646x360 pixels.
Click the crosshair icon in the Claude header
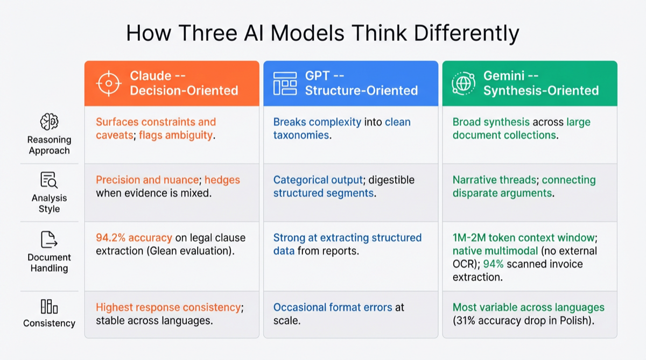click(109, 83)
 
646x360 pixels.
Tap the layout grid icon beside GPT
click(285, 83)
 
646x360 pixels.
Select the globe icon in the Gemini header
click(464, 83)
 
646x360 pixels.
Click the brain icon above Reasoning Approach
click(49, 122)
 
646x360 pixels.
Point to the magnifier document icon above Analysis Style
click(49, 180)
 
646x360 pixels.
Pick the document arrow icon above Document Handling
click(49, 239)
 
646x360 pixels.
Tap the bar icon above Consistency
click(49, 306)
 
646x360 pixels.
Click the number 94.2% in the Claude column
click(111, 238)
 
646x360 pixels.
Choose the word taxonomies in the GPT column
click(301, 135)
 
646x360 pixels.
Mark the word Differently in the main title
click(466, 34)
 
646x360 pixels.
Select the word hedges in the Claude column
click(222, 180)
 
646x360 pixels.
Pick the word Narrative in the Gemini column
click(474, 180)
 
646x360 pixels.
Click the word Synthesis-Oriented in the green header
click(541, 91)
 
